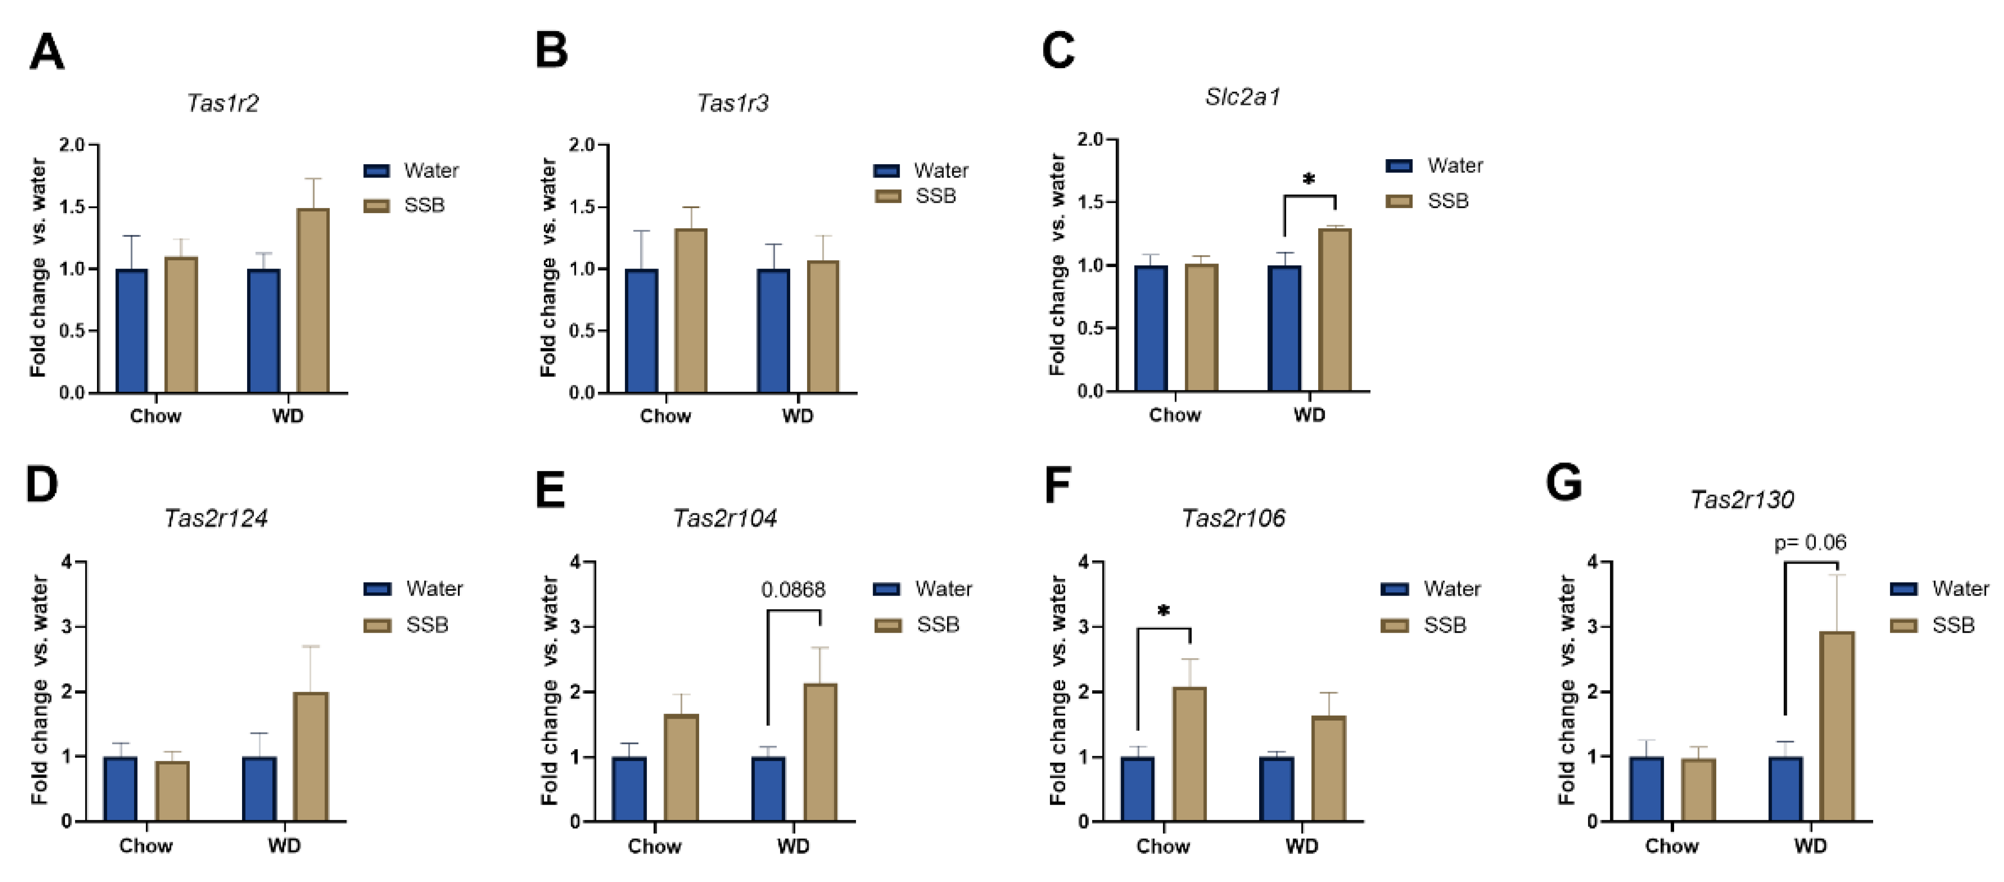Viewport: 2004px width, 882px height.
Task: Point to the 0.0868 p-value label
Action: click(793, 590)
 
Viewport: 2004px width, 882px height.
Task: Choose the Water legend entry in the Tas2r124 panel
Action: click(414, 589)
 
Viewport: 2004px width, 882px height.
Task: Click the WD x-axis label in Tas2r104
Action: click(793, 846)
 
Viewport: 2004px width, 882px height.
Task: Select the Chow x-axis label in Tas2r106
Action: click(1163, 846)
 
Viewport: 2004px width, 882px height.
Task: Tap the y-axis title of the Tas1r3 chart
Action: click(549, 269)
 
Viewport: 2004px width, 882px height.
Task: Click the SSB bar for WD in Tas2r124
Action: click(310, 756)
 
